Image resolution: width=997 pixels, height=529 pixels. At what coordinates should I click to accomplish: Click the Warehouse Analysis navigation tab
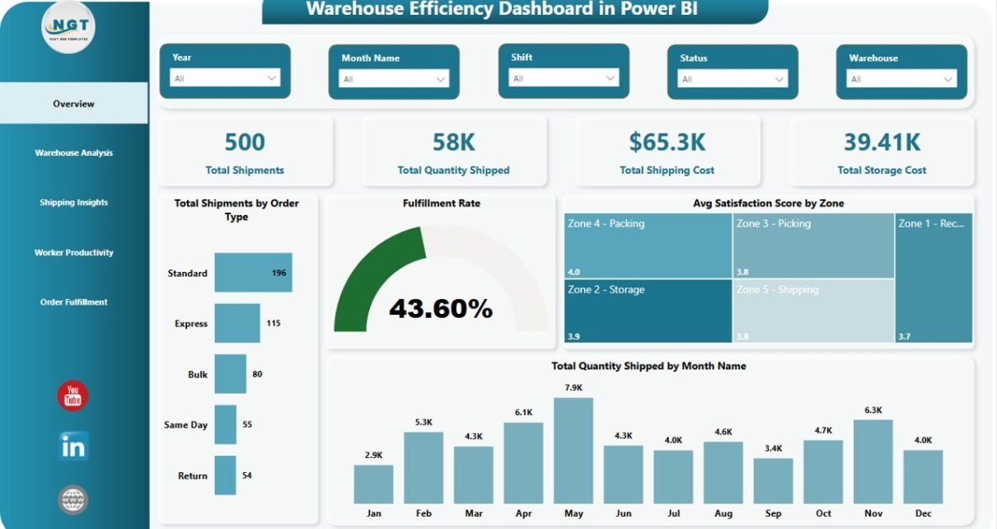(73, 153)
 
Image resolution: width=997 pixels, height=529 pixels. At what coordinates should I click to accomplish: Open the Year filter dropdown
(225, 78)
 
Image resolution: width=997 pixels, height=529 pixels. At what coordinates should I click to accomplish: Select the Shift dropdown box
(564, 78)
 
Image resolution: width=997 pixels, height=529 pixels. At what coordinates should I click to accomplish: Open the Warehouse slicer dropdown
(901, 79)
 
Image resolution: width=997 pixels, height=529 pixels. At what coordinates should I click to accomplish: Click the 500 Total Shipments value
(245, 143)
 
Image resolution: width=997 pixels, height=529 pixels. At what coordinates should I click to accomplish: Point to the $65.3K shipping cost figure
(667, 143)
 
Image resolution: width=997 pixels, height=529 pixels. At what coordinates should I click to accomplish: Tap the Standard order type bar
(253, 273)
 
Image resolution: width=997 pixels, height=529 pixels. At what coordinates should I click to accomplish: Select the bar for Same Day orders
(225, 424)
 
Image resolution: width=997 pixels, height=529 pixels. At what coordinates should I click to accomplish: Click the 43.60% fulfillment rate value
(441, 309)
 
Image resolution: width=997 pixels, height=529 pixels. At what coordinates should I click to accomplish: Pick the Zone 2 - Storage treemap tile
(648, 311)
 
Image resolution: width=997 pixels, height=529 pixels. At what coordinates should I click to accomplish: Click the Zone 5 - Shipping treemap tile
(812, 311)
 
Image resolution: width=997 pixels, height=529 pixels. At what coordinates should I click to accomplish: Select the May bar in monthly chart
(573, 450)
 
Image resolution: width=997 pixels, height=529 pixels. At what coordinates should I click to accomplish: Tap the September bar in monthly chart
(773, 480)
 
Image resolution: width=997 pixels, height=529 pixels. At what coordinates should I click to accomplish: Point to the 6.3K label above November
(873, 410)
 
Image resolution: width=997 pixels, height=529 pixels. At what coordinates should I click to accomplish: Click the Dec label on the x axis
(923, 513)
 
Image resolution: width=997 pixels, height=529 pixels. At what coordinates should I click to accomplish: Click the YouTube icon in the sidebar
(73, 396)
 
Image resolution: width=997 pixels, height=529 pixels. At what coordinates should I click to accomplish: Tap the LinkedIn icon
(73, 446)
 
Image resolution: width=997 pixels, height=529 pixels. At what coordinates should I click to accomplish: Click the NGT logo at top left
(68, 28)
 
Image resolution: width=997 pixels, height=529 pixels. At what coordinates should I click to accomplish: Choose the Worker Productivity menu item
(73, 253)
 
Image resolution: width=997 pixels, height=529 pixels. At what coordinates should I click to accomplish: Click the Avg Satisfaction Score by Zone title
(768, 204)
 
